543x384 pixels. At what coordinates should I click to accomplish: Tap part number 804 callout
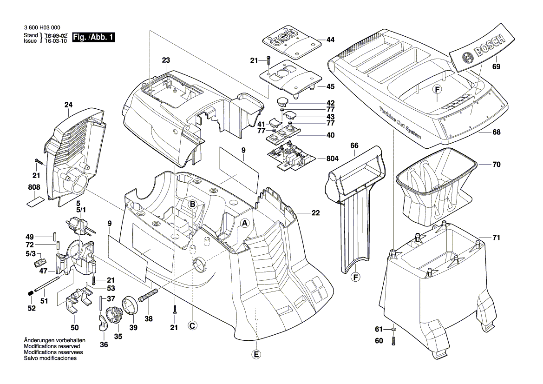[x=332, y=159]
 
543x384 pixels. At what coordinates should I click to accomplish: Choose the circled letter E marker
[x=256, y=354]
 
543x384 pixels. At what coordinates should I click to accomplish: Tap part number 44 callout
[x=330, y=40]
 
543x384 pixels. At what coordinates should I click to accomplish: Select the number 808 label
[x=34, y=187]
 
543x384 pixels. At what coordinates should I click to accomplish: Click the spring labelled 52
[x=29, y=293]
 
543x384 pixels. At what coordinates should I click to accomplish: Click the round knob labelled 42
[x=283, y=102]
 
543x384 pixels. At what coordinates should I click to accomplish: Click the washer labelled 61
[x=394, y=330]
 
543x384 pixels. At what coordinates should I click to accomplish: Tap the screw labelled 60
[x=394, y=341]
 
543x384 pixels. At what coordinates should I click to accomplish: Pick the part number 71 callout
[x=496, y=238]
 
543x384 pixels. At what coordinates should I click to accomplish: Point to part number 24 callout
[x=69, y=105]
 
